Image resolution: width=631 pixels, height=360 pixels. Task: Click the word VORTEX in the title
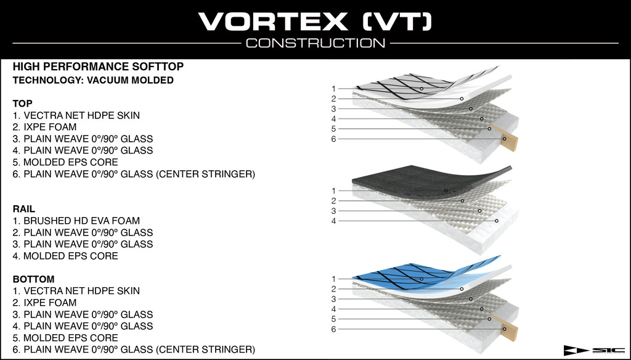273,22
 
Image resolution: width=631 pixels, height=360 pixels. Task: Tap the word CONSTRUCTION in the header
315,43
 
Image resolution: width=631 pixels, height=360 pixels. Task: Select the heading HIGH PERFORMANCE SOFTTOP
98,67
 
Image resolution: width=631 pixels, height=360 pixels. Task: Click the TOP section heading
23,104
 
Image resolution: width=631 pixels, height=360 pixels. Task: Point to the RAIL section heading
24,209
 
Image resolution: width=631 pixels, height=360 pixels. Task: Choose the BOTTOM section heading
33,279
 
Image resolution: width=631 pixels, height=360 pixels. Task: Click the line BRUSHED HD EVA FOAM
76,221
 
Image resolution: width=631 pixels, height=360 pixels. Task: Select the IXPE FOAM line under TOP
44,127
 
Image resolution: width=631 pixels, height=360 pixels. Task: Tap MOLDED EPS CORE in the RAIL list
65,256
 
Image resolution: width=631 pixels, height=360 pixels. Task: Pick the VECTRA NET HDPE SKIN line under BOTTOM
76,291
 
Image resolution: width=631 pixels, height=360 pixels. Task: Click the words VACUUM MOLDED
130,80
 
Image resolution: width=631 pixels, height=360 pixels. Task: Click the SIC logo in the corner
594,350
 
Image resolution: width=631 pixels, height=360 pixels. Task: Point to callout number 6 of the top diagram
333,139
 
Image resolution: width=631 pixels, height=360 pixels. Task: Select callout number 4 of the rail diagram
333,221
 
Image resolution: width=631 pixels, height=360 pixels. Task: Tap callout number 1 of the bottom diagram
333,279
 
